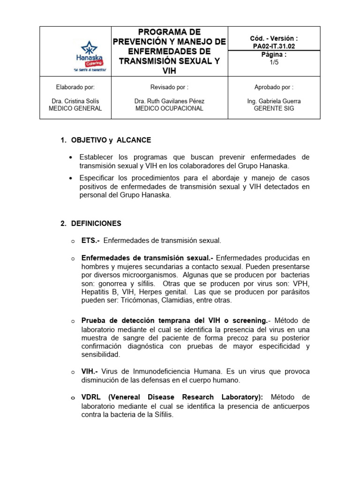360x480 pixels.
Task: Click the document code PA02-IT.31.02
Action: click(274, 46)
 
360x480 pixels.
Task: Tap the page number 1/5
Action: click(274, 62)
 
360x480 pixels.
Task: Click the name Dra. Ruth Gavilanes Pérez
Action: click(169, 101)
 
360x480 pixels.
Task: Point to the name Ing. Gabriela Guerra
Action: click(274, 101)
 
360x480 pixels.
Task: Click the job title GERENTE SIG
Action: click(274, 108)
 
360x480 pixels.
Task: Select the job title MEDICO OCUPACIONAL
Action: click(169, 108)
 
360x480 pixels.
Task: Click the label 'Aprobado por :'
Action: click(274, 87)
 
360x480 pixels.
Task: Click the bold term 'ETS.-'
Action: click(90, 240)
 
